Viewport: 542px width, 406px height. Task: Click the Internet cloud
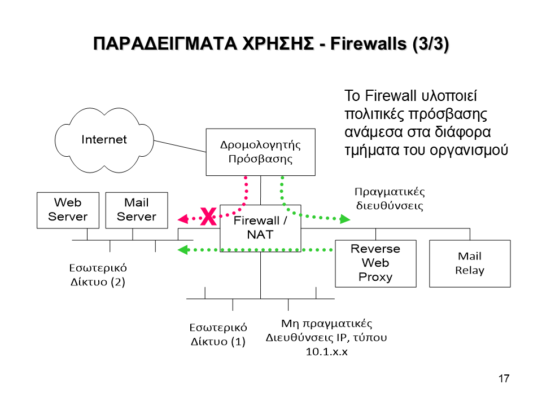pos(104,139)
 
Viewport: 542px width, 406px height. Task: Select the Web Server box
pos(68,210)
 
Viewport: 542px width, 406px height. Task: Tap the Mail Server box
pos(137,210)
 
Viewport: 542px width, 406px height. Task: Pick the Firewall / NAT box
pos(260,227)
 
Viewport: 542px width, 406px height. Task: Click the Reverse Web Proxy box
pos(375,263)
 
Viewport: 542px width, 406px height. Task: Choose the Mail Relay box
pos(470,263)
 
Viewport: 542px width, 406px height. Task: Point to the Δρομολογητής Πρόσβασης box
pos(260,151)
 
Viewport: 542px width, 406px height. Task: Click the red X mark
pos(208,217)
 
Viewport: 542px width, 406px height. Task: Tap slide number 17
pos(504,378)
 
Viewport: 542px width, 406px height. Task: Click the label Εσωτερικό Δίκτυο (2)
pos(98,274)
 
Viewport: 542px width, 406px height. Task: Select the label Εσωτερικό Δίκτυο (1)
pos(218,334)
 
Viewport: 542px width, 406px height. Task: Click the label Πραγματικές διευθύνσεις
pos(390,198)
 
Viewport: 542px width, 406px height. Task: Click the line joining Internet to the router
pos(181,146)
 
